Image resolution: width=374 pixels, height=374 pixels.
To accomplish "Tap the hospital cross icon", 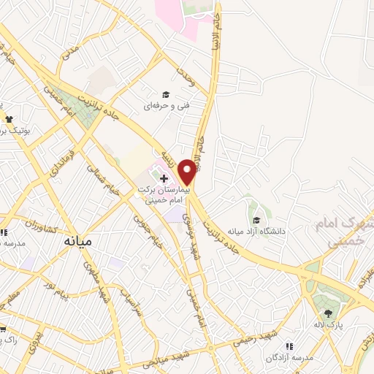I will coord(164,178).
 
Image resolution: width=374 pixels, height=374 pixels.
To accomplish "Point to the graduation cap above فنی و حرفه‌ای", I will coord(166,94).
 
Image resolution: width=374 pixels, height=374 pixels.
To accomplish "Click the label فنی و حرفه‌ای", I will coord(166,106).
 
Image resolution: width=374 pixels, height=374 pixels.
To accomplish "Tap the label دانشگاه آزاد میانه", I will coord(256,232).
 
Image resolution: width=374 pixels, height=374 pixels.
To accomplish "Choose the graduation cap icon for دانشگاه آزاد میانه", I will coord(256,220).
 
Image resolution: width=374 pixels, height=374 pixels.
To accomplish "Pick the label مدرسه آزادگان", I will coord(290,359).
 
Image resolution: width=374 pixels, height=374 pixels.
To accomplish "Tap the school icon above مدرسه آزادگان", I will coord(289,346).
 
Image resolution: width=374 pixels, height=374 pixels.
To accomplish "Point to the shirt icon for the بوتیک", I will coord(9,119).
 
